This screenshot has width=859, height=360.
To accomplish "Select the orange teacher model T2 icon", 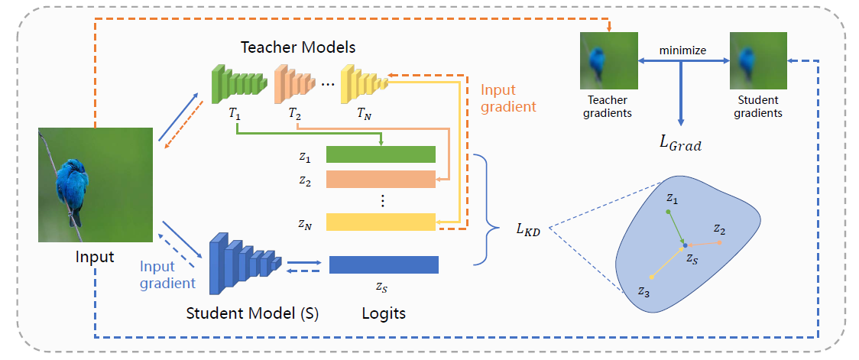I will coord(293,81).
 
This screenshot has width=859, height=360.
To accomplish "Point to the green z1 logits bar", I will coord(381,154).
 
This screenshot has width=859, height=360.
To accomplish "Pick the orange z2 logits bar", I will coord(381,179).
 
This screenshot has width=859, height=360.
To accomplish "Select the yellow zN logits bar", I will coord(381,222).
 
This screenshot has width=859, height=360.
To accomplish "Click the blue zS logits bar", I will coord(384,264).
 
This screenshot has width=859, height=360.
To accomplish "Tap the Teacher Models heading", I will coord(298,47).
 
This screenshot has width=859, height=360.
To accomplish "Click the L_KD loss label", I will coord(527,227).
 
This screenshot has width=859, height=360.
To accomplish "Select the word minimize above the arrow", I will coord(683,51).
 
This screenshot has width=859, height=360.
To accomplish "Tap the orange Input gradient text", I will coord(508,98).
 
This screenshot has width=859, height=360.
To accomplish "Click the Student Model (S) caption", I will coord(252,313).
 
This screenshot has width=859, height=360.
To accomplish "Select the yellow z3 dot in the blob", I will coord(650,277).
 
